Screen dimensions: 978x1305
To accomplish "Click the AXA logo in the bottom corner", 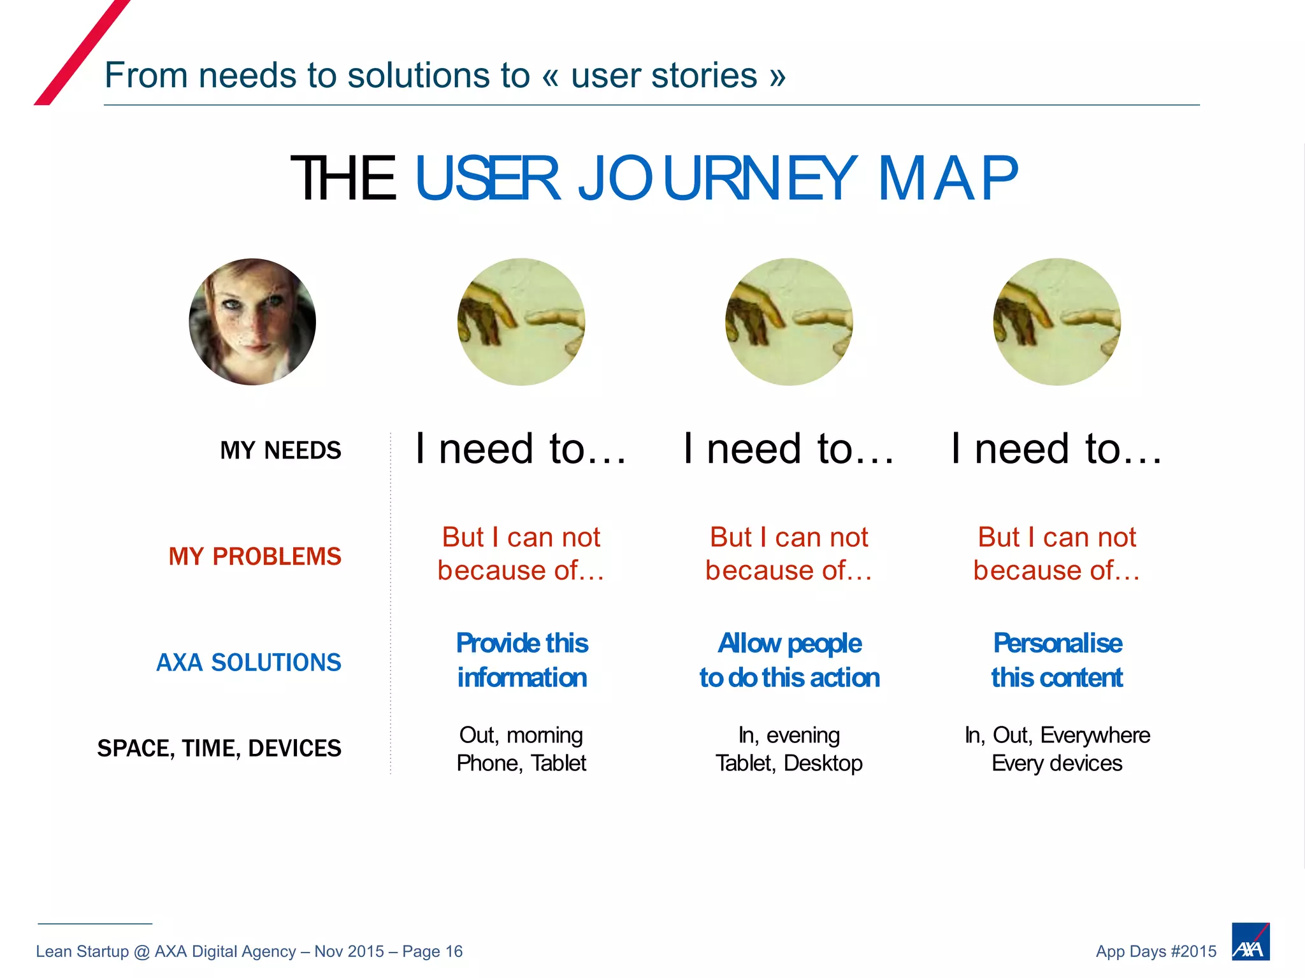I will (x=1250, y=941).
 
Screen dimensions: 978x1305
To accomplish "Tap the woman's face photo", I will (x=252, y=322).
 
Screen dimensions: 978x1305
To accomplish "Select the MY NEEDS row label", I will (x=280, y=450).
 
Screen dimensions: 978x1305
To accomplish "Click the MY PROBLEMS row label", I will (x=255, y=556).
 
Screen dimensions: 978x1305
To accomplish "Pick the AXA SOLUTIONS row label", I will (x=249, y=662).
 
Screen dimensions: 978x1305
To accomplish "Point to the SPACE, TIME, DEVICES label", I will (x=219, y=748).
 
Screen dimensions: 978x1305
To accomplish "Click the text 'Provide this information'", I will (x=522, y=660).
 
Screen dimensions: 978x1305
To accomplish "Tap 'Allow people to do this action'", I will (x=789, y=660).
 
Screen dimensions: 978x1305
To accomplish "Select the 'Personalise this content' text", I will (x=1057, y=660).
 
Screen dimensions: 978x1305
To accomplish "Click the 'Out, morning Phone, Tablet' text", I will (x=521, y=749).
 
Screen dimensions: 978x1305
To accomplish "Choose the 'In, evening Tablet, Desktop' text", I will (x=789, y=749).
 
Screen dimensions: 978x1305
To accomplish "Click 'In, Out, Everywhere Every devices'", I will (x=1057, y=749).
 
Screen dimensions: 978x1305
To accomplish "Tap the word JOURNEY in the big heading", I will (x=717, y=179).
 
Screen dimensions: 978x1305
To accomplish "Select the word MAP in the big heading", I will (x=948, y=179).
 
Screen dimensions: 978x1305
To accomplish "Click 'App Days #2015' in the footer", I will (x=1156, y=951).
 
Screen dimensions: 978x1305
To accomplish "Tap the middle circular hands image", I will (x=789, y=322).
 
